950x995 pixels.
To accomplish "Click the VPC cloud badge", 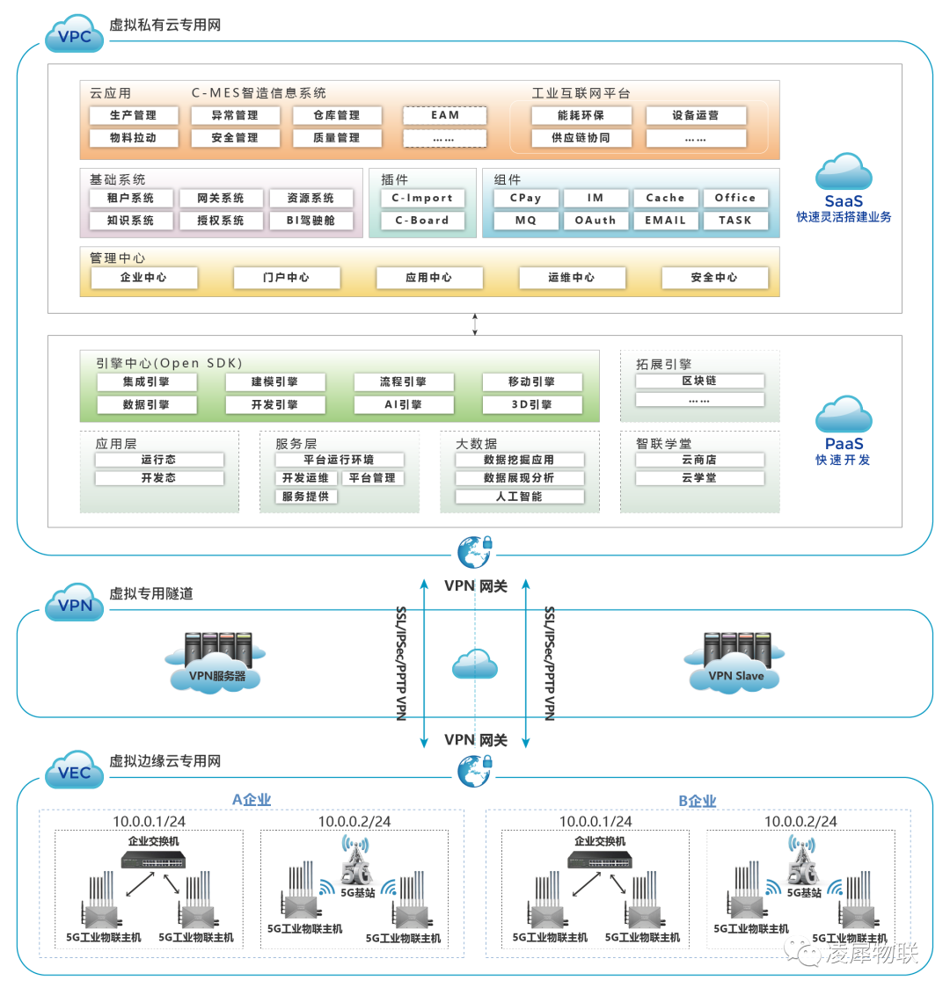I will (74, 35).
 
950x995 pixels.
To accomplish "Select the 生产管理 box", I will (134, 115).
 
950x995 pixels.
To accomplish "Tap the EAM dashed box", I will (445, 115).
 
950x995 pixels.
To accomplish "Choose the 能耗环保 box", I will (581, 115).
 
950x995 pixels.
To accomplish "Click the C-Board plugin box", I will (422, 221).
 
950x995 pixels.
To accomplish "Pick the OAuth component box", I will (596, 221).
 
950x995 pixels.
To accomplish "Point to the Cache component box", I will (665, 199).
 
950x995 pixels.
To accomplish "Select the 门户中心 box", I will (286, 278).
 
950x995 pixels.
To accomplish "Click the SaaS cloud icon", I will (844, 172).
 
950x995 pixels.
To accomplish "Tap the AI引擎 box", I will (404, 405).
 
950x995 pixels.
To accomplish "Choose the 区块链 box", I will (699, 381).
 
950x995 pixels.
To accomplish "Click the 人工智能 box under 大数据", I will (519, 497).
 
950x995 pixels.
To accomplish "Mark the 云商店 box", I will (699, 460).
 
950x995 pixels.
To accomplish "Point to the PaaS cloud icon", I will (844, 415).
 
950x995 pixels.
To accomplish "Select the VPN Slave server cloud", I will (736, 661).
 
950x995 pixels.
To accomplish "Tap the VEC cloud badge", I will (74, 772).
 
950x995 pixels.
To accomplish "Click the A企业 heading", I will (252, 800).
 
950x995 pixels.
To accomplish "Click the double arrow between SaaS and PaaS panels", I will (475, 323).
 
